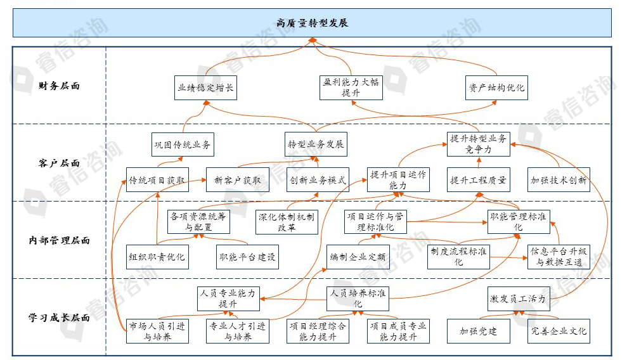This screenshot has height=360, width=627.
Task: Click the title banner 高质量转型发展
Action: tap(313, 23)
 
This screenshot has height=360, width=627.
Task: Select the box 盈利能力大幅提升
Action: tap(351, 87)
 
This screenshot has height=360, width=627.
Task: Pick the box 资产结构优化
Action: tap(496, 87)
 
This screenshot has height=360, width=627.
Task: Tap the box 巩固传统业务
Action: tap(183, 144)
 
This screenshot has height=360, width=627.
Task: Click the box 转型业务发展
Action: tap(316, 144)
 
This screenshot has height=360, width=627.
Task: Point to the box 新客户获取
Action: tap(238, 179)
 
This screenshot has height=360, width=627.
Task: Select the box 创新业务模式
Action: tap(318, 179)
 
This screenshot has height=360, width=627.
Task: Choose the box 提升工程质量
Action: tap(478, 179)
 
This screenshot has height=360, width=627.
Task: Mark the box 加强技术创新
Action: tap(559, 179)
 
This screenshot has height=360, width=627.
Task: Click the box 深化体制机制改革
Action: tap(287, 222)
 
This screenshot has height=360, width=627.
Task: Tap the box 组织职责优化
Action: tap(157, 257)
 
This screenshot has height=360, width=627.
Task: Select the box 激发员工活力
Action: tap(518, 299)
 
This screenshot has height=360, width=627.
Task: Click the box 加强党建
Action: tap(478, 331)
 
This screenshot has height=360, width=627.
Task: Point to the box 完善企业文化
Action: tap(559, 331)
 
